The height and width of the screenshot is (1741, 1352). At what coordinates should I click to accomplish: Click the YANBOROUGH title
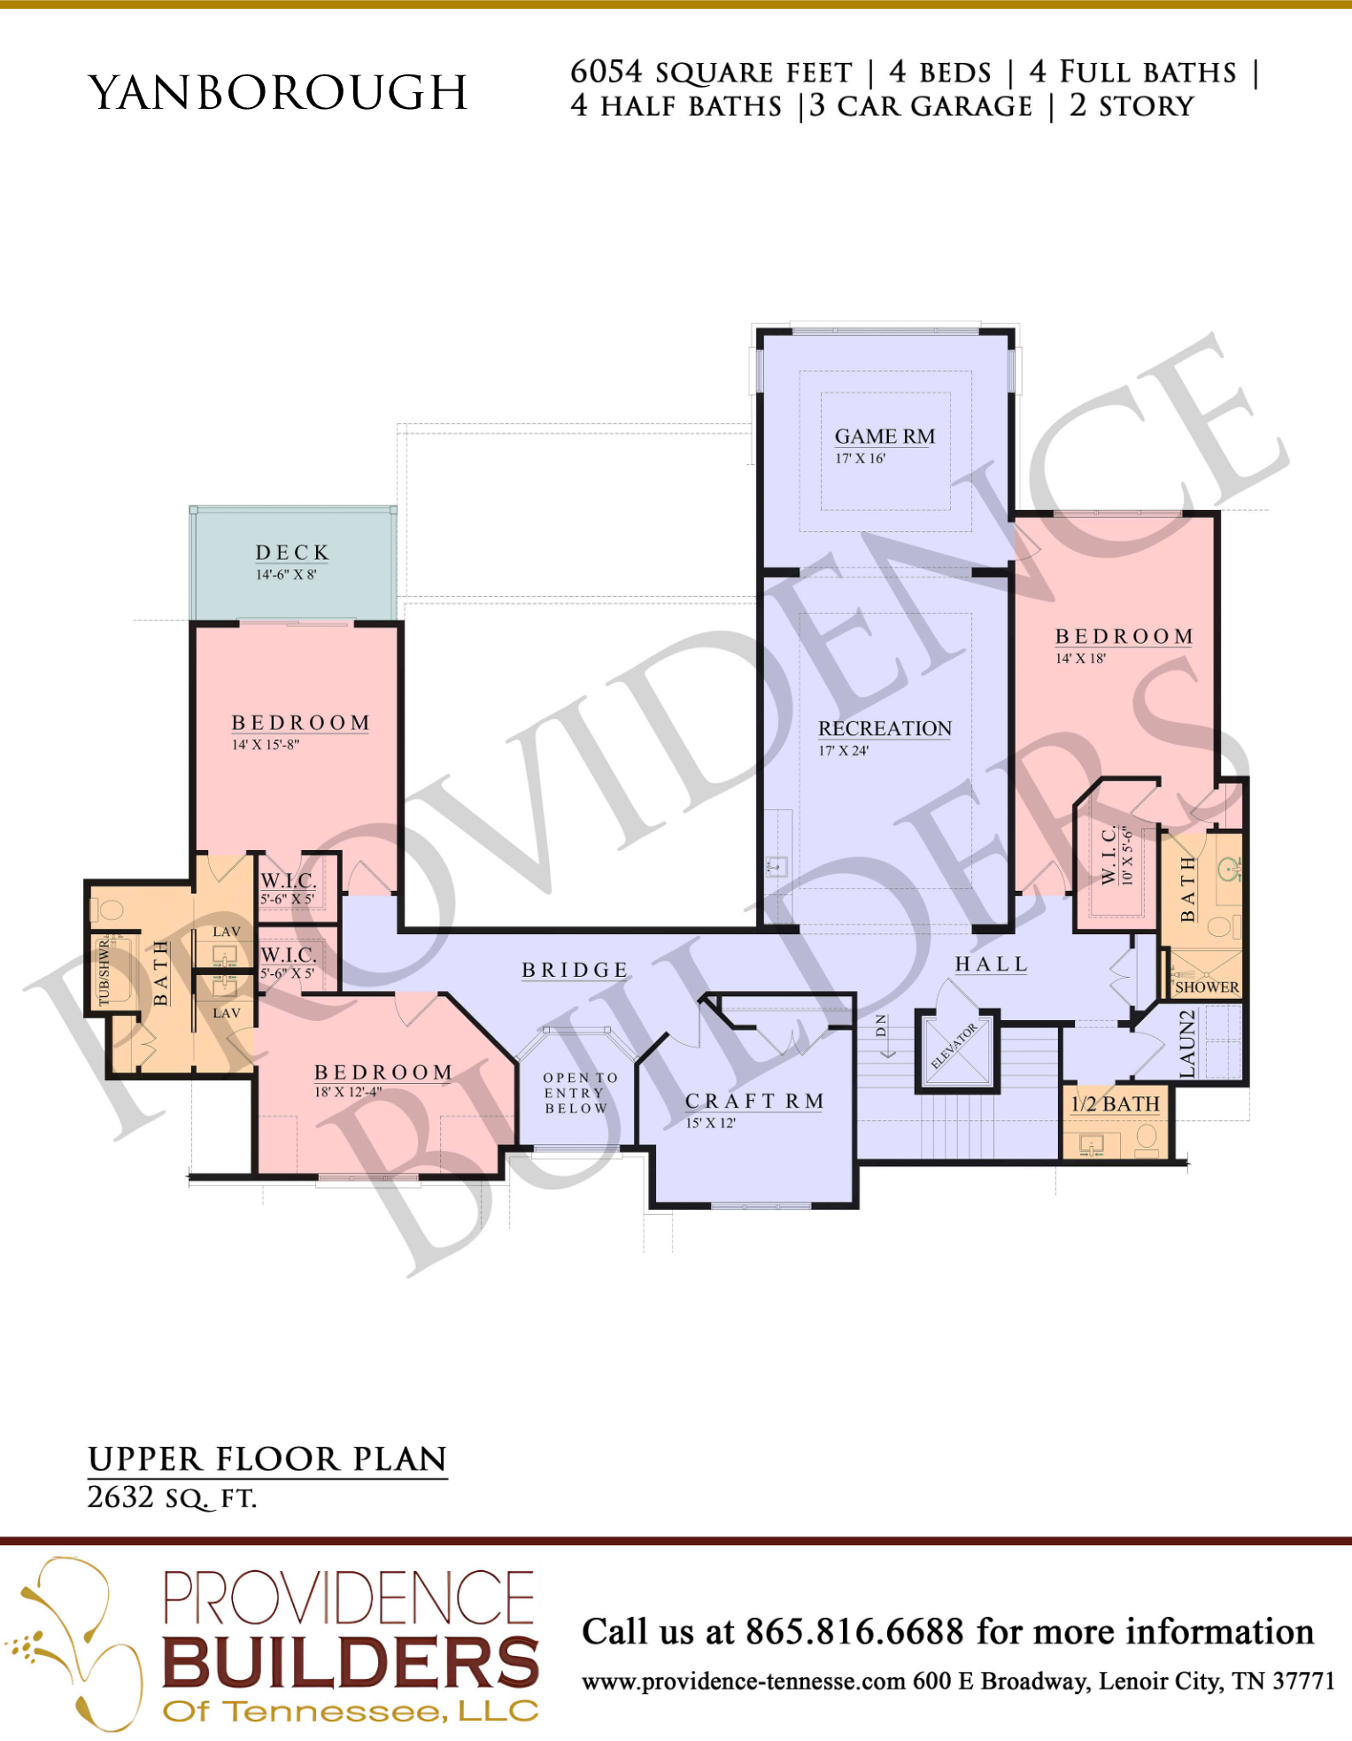click(278, 92)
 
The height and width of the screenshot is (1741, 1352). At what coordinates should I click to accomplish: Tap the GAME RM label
click(885, 437)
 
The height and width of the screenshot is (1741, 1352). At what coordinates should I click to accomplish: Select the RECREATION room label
click(885, 728)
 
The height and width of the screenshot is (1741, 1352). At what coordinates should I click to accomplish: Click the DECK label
click(292, 553)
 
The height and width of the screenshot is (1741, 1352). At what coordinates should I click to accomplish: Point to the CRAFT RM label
click(754, 1101)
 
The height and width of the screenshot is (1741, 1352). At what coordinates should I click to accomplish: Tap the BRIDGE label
click(575, 971)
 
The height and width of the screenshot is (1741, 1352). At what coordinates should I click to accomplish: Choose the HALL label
click(991, 964)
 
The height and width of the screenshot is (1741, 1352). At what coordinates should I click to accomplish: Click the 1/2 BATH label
click(1115, 1103)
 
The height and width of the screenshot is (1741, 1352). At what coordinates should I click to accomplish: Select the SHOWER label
click(1207, 987)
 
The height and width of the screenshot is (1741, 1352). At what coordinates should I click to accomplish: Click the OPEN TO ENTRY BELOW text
click(576, 1093)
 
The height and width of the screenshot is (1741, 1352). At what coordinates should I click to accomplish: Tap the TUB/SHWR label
click(104, 972)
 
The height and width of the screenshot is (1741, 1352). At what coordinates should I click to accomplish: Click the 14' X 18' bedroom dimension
click(1080, 658)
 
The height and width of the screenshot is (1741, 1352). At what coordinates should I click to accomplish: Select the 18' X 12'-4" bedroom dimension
click(348, 1092)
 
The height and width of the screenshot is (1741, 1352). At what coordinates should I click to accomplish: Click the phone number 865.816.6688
click(854, 1631)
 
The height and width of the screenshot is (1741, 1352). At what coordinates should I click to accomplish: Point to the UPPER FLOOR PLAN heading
click(267, 1459)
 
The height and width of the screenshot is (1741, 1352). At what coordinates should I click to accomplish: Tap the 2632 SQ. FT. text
click(172, 1497)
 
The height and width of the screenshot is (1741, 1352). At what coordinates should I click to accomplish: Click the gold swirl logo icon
click(74, 1643)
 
